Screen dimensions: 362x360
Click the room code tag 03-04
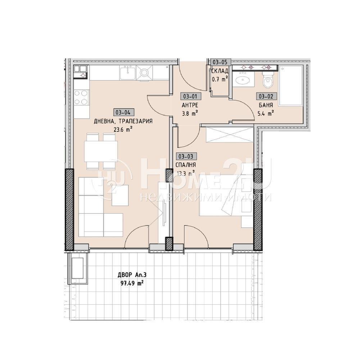123,112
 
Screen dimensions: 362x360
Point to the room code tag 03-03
186,156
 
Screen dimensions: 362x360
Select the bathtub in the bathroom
291,86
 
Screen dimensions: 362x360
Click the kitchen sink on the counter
127,72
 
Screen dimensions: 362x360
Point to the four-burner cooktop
81,98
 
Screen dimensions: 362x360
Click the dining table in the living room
101,151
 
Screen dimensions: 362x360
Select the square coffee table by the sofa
120,195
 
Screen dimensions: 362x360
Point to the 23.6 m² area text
123,129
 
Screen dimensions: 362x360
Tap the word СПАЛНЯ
186,165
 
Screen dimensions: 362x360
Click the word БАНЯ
266,105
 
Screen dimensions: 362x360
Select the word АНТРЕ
190,105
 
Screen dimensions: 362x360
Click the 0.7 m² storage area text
220,79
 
